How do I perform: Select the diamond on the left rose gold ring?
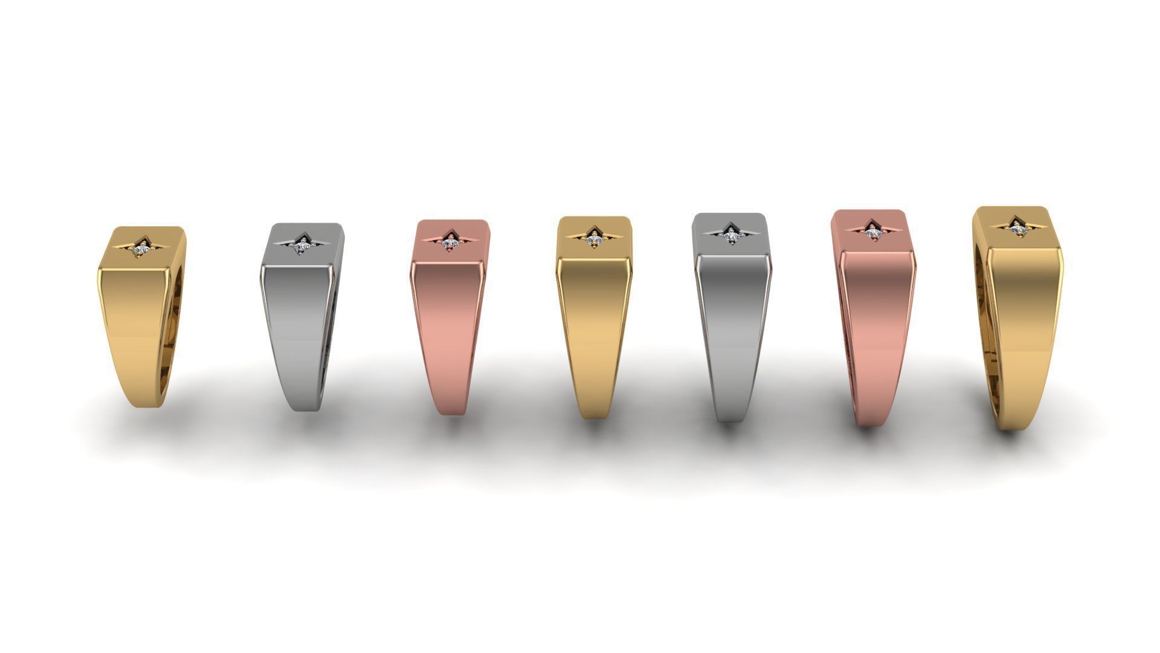(449, 242)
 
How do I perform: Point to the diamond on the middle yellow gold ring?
(593, 241)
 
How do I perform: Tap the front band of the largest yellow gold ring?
(1021, 339)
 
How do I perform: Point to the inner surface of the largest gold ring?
(980, 326)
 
